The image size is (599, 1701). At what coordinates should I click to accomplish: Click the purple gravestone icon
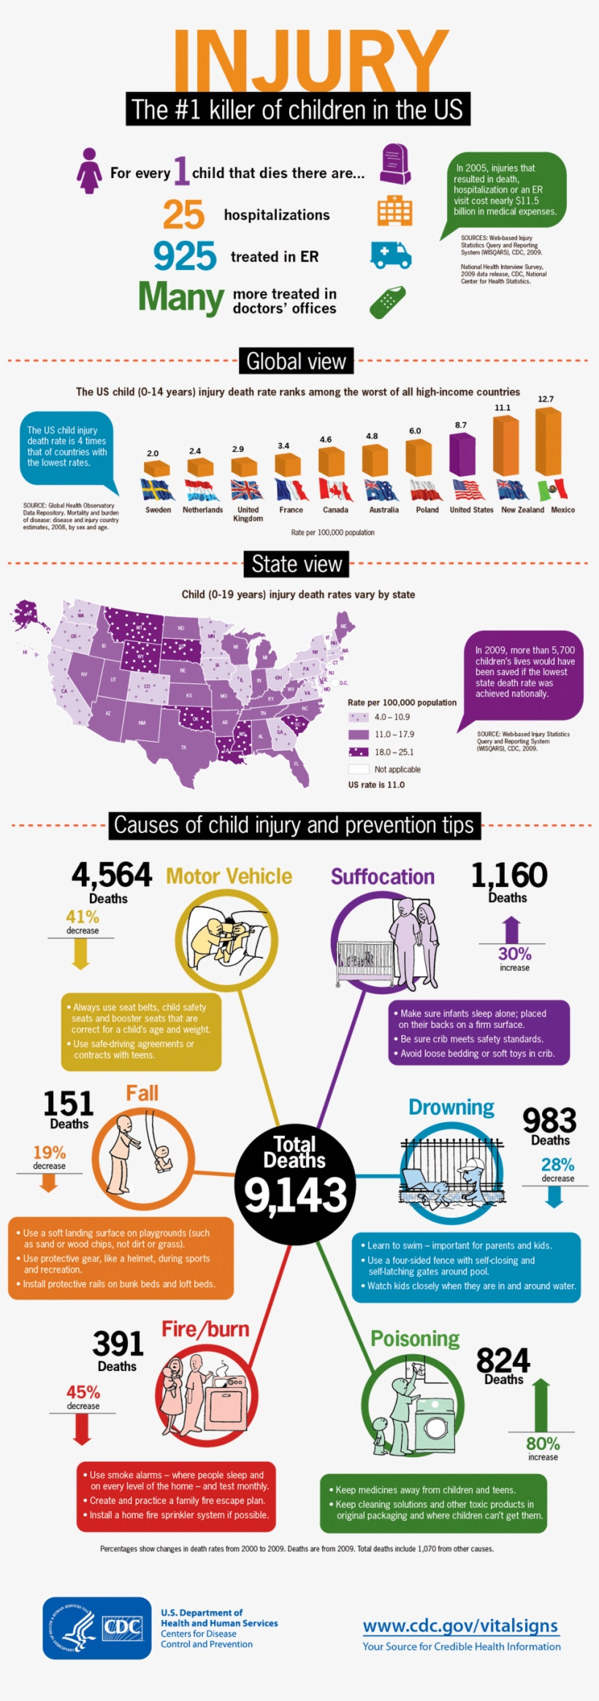[x=395, y=165]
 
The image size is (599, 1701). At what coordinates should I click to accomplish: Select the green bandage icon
[x=387, y=302]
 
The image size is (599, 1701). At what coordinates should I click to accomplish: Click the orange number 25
[x=183, y=215]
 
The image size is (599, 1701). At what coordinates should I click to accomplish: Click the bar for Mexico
[x=549, y=442]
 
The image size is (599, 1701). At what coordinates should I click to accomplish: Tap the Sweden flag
[x=157, y=489]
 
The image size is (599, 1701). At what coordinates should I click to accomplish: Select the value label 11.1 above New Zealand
[x=503, y=408]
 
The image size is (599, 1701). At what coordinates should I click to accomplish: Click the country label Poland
[x=427, y=510]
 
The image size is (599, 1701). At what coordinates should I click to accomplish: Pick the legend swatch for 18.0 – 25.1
[x=358, y=752]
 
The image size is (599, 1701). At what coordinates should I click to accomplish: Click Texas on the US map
[x=183, y=745]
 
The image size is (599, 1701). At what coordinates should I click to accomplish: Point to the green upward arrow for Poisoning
[x=541, y=1405]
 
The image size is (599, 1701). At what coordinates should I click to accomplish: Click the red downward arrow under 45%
[x=82, y=1430]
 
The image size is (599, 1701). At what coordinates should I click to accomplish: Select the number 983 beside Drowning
[x=549, y=1121]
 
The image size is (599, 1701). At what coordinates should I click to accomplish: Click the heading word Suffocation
[x=383, y=877]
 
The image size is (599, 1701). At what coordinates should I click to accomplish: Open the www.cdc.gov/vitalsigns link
[x=460, y=1626]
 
